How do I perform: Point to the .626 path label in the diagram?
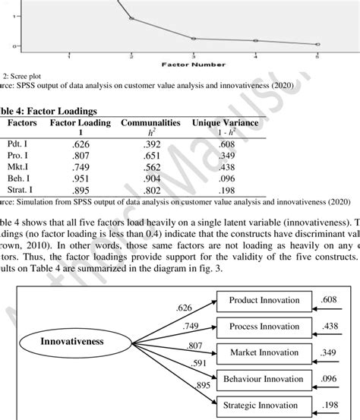tap(182, 308)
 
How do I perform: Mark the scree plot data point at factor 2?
tap(131, 18)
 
